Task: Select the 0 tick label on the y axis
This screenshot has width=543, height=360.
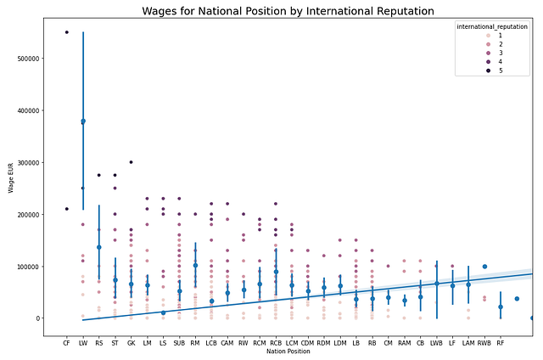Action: [x=45, y=318]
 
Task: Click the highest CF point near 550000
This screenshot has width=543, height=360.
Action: [x=67, y=32]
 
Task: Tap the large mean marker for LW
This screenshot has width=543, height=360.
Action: [x=83, y=121]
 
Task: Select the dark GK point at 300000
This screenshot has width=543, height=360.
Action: [x=131, y=162]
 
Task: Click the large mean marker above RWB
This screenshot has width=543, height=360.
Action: [x=484, y=267]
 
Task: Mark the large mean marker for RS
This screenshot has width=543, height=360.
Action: [x=99, y=247]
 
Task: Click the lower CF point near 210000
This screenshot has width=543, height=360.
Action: [x=67, y=209]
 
